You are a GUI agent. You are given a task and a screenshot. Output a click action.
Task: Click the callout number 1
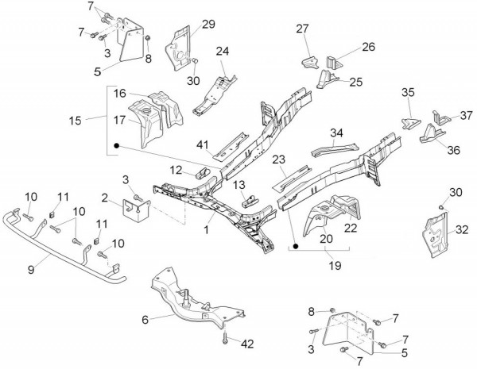[206, 229]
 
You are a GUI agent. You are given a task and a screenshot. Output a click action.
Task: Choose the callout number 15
[76, 121]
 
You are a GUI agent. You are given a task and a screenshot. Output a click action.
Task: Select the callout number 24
[223, 52]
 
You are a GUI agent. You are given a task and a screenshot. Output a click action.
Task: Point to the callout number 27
[302, 30]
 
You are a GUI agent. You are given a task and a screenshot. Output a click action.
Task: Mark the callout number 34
[337, 133]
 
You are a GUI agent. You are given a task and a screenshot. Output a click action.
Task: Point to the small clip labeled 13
[250, 199]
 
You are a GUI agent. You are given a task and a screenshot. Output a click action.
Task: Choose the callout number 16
[118, 94]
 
